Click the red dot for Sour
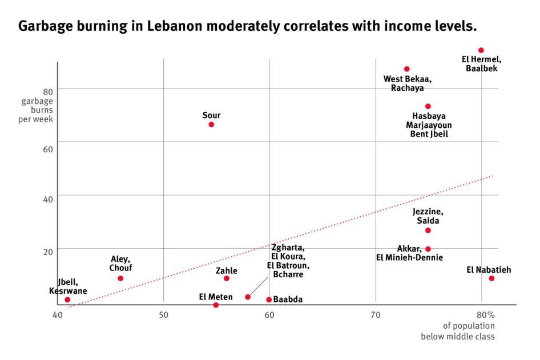(211, 124)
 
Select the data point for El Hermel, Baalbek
(481, 50)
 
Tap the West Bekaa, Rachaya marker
(407, 69)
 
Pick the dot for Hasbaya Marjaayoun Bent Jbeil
(428, 106)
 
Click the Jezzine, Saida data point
(428, 230)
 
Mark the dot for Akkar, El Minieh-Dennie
(428, 249)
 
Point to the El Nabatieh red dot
(491, 278)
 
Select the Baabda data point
(269, 300)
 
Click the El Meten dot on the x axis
(216, 305)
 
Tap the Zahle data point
(227, 278)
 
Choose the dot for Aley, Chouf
(120, 278)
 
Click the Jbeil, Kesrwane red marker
(67, 300)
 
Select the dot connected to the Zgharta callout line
(248, 297)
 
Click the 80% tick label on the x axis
(485, 315)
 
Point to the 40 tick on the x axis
(58, 315)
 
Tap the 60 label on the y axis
(47, 149)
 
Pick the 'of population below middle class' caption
(458, 331)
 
